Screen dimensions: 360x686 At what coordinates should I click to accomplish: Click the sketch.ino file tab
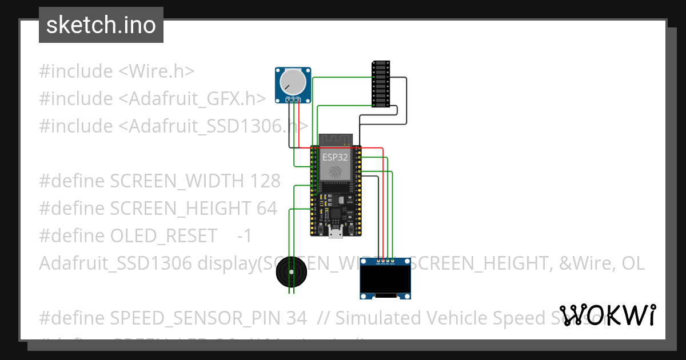tap(101, 25)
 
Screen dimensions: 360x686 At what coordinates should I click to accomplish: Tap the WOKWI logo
tap(607, 315)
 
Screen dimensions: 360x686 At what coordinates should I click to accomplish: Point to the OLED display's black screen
tap(386, 281)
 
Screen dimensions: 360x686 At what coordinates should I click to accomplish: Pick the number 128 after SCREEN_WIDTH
tap(265, 181)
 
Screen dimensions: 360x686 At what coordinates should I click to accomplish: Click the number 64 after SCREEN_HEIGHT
tap(266, 209)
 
